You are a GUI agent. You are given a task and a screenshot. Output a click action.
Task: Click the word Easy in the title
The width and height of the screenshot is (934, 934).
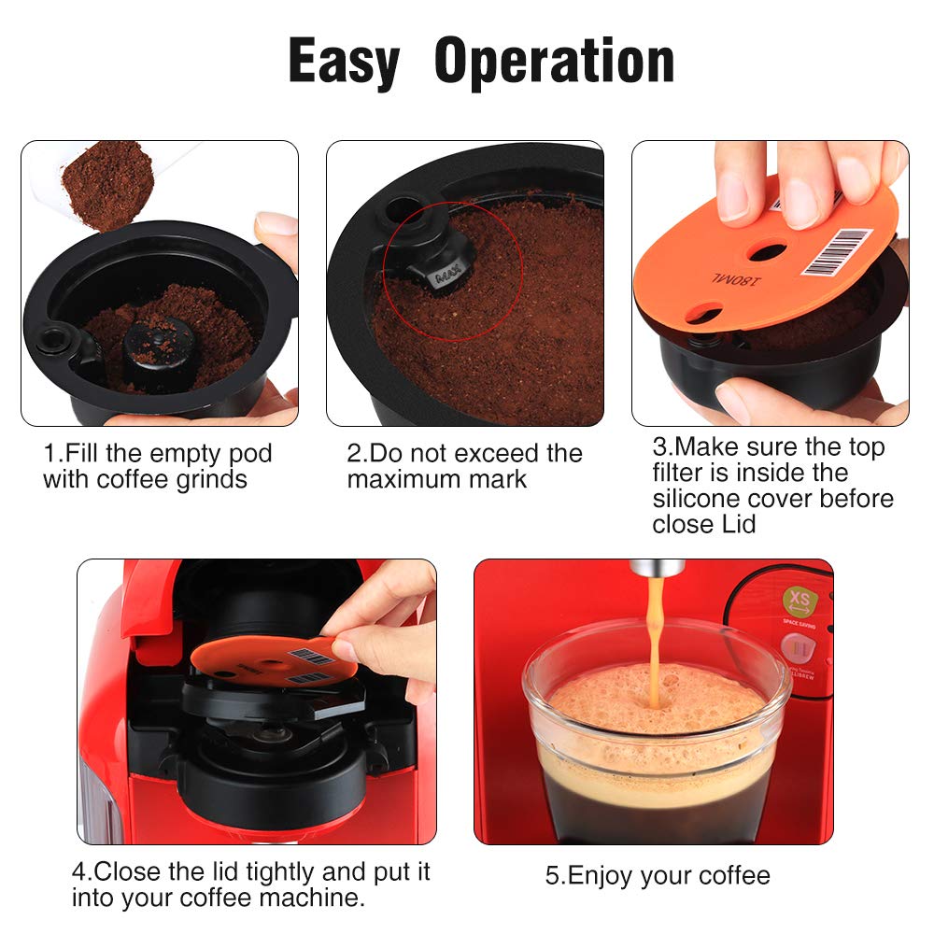coord(344,62)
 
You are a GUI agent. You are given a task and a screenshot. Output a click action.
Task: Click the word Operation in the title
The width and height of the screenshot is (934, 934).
coord(554,62)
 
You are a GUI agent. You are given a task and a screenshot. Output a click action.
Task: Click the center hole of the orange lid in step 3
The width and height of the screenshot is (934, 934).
coord(769,251)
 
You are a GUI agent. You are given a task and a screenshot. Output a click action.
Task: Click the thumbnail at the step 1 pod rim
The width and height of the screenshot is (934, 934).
coord(276,225)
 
